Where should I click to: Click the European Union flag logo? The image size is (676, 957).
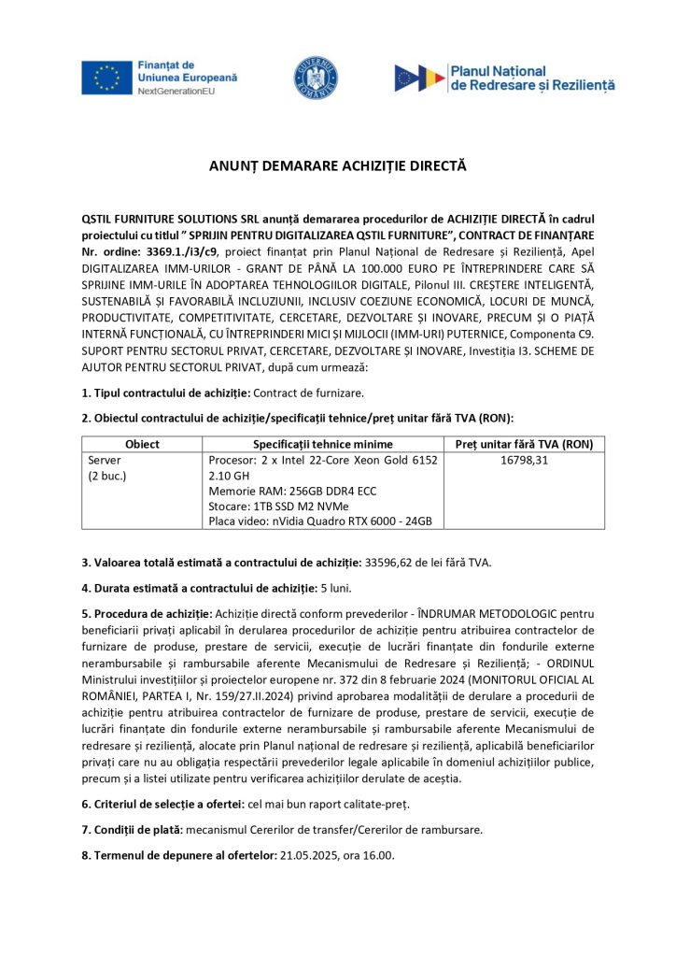click(x=106, y=78)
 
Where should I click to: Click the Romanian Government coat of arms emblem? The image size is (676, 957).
click(x=317, y=78)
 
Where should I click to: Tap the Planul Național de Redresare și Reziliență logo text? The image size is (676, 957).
click(x=532, y=78)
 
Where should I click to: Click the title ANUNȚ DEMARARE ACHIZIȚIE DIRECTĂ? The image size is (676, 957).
click(x=337, y=166)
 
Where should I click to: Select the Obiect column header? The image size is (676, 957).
click(x=142, y=444)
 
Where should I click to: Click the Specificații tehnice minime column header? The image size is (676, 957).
click(x=323, y=444)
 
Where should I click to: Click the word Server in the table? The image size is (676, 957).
click(x=105, y=461)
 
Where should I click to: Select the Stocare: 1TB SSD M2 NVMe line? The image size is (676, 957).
click(x=285, y=506)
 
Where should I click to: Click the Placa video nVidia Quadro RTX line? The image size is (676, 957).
click(x=320, y=521)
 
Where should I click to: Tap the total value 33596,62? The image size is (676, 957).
click(x=395, y=562)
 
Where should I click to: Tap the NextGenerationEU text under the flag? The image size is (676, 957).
click(x=177, y=93)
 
